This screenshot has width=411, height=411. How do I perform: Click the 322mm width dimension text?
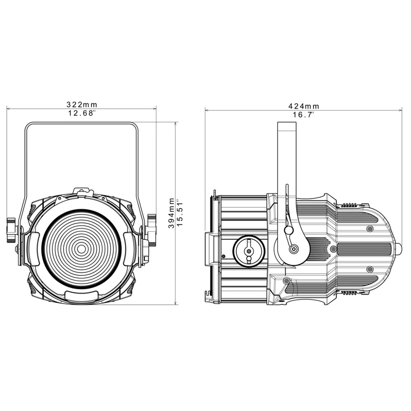click(x=82, y=105)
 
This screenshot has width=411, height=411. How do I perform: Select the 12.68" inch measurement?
click(x=82, y=113)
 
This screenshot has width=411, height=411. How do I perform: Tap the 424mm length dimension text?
click(x=304, y=106)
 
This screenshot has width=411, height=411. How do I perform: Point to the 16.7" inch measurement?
click(x=303, y=115)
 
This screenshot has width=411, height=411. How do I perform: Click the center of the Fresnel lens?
click(x=81, y=249)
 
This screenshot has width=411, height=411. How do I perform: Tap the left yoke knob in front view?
click(x=12, y=230)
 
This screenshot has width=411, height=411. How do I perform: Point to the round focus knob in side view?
click(x=248, y=251)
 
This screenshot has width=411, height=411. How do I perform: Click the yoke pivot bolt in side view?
click(x=293, y=249)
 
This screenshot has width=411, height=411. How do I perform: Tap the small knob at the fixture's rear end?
click(x=398, y=249)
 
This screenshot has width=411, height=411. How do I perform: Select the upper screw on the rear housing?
click(x=370, y=228)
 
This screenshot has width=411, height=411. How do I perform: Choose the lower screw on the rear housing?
click(x=370, y=269)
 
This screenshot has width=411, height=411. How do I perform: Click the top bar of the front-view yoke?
click(x=82, y=122)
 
